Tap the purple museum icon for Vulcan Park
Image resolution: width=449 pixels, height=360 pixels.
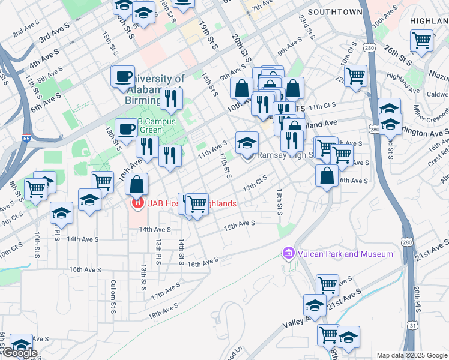click(x=288, y=254)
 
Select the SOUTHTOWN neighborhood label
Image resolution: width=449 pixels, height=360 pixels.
click(x=335, y=12)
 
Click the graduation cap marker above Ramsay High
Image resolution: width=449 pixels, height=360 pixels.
click(x=246, y=143)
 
